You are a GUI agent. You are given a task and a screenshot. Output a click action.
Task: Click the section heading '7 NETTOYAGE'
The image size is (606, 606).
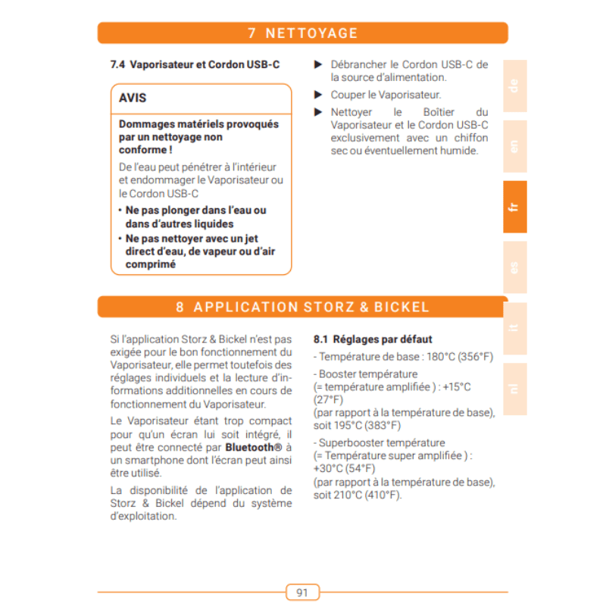[302, 33]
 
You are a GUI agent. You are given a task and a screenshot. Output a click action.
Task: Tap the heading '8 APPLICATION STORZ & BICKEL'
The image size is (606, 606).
[302, 307]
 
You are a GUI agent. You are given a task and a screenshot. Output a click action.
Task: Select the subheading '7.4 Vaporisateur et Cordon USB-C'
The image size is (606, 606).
[195, 65]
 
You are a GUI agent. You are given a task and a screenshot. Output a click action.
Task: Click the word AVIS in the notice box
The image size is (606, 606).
[133, 98]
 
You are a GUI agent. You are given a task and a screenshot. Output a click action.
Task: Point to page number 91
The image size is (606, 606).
[302, 592]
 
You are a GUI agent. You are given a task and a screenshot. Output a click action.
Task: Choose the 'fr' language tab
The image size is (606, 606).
[514, 207]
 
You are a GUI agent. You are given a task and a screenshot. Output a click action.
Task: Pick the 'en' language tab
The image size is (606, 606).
[514, 146]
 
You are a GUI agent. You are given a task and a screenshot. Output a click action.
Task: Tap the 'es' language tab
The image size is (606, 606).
[514, 267]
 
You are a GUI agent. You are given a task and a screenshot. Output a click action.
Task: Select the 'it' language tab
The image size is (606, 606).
[514, 328]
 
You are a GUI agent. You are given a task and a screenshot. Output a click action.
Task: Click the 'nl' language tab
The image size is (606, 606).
[514, 388]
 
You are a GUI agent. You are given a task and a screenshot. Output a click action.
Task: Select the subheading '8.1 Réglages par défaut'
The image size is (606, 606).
[372, 339]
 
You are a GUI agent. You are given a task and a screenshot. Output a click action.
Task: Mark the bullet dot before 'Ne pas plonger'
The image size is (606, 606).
[120, 211]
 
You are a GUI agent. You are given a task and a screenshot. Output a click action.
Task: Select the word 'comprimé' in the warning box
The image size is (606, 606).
[150, 265]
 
